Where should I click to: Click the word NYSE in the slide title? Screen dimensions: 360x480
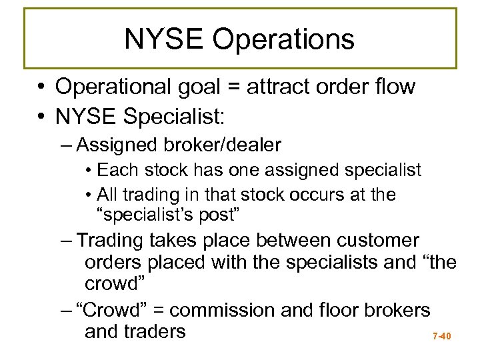pyautogui.click(x=163, y=39)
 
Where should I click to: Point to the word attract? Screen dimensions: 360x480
pyautogui.click(x=281, y=87)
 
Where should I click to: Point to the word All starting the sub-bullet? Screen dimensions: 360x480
pyautogui.click(x=107, y=195)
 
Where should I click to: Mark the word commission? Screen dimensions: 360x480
pyautogui.click(x=237, y=310)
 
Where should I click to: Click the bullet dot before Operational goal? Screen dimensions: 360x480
pyautogui.click(x=41, y=87)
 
